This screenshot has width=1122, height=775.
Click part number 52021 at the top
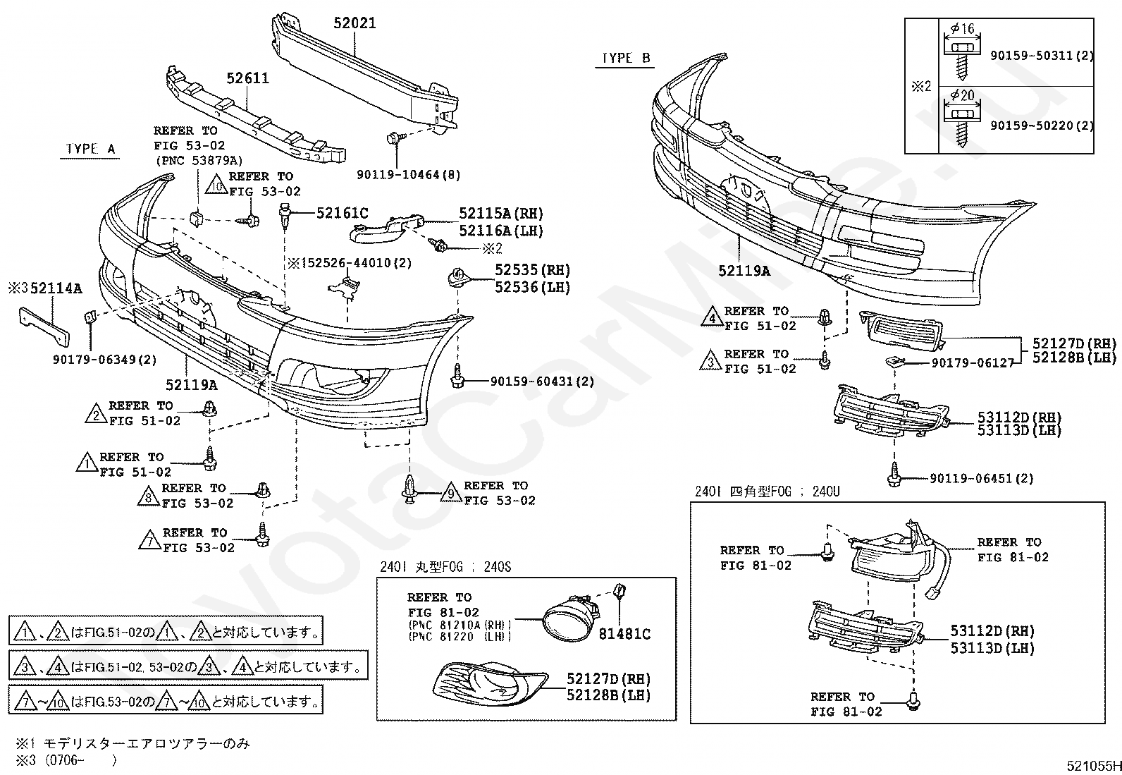(x=355, y=23)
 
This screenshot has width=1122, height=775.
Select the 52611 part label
(x=247, y=78)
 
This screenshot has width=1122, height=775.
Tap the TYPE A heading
(x=90, y=149)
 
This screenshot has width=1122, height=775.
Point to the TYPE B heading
(x=626, y=59)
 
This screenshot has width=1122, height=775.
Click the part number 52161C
(x=342, y=213)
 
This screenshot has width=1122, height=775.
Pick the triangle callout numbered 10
(x=217, y=185)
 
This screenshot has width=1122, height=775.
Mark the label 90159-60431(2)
(x=542, y=382)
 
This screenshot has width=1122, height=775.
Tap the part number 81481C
(x=624, y=634)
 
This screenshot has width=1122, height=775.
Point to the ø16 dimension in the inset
(x=961, y=29)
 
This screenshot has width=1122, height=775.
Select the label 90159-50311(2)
(x=1042, y=56)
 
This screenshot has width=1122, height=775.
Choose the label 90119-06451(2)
(x=981, y=478)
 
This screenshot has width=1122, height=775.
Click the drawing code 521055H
(x=1092, y=766)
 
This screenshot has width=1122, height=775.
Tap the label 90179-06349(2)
(x=105, y=360)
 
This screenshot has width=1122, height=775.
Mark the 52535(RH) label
(x=532, y=270)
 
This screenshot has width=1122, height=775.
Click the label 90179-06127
(x=972, y=362)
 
